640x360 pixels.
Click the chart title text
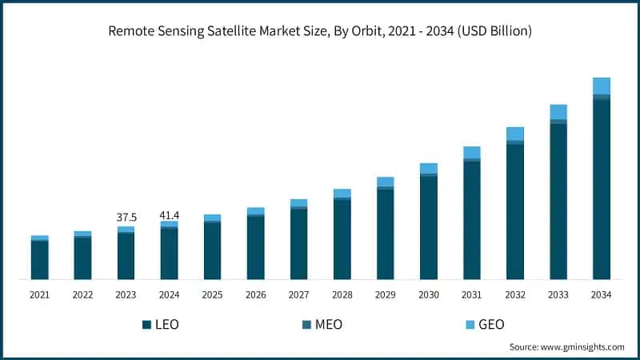(320, 31)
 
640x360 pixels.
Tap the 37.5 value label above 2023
(126, 217)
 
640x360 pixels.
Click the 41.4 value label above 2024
(169, 215)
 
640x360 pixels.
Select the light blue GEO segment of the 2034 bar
(602, 86)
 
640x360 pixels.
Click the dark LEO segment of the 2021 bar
(39, 260)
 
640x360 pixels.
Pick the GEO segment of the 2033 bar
(558, 112)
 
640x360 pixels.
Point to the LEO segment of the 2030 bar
(429, 227)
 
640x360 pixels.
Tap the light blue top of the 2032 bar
(515, 134)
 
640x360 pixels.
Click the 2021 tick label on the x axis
(39, 294)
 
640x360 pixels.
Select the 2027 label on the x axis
(299, 294)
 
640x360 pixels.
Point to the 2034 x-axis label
(602, 294)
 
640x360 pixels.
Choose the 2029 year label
(386, 294)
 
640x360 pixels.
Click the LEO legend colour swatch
(146, 325)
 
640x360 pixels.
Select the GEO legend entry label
(491, 325)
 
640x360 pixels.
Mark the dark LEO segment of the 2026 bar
(255, 248)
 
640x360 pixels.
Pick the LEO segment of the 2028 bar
(342, 239)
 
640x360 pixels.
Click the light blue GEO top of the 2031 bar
(472, 152)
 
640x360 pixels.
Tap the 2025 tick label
(212, 294)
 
